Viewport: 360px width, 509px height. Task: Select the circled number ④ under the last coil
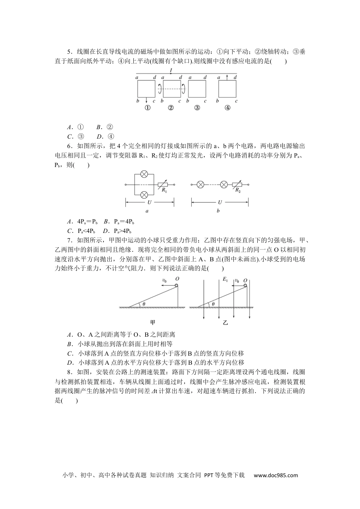tap(227, 108)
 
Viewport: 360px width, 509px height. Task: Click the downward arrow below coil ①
tap(146, 100)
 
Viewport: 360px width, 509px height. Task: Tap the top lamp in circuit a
tap(144, 174)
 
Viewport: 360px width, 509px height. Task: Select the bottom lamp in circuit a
tap(144, 195)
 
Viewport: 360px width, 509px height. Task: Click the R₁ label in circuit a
tap(164, 190)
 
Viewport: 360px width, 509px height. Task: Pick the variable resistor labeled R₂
tap(237, 185)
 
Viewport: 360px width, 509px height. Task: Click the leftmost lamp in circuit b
tap(201, 185)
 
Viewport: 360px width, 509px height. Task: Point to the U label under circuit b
tap(220, 203)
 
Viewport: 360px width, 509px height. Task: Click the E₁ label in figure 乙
tap(225, 279)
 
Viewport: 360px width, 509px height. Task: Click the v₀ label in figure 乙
tap(237, 281)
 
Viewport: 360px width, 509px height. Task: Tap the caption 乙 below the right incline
tap(225, 323)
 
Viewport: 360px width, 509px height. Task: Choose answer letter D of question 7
tap(69, 362)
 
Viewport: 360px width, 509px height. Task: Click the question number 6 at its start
tap(69, 146)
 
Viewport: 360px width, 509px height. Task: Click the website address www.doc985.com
tap(275, 475)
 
